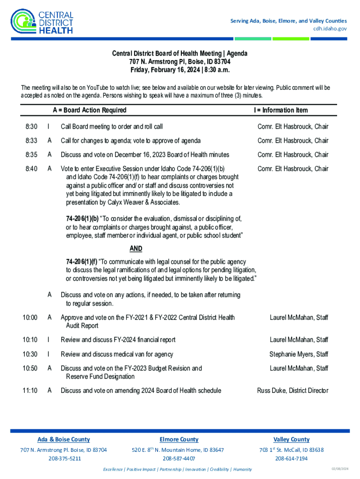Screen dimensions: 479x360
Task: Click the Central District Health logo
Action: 42,21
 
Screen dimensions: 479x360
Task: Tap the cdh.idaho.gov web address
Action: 330,29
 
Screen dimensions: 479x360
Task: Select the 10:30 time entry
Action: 30,355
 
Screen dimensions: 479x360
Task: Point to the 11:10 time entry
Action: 30,391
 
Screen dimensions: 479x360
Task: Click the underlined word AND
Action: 136,249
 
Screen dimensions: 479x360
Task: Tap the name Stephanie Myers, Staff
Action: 299,355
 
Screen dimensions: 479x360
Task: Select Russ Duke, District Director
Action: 293,391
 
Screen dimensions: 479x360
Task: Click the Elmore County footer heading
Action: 179,439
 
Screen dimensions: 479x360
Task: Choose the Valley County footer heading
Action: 291,439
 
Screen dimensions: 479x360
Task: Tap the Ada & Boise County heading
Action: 64,439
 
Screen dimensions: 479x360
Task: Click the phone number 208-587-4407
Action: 178,458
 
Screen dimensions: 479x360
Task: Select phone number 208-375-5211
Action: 65,458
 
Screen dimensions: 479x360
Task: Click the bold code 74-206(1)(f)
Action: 82,262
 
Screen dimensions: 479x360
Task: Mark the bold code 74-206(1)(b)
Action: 82,218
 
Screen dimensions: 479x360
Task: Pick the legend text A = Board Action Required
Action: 89,110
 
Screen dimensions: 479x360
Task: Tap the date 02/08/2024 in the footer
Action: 337,469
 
